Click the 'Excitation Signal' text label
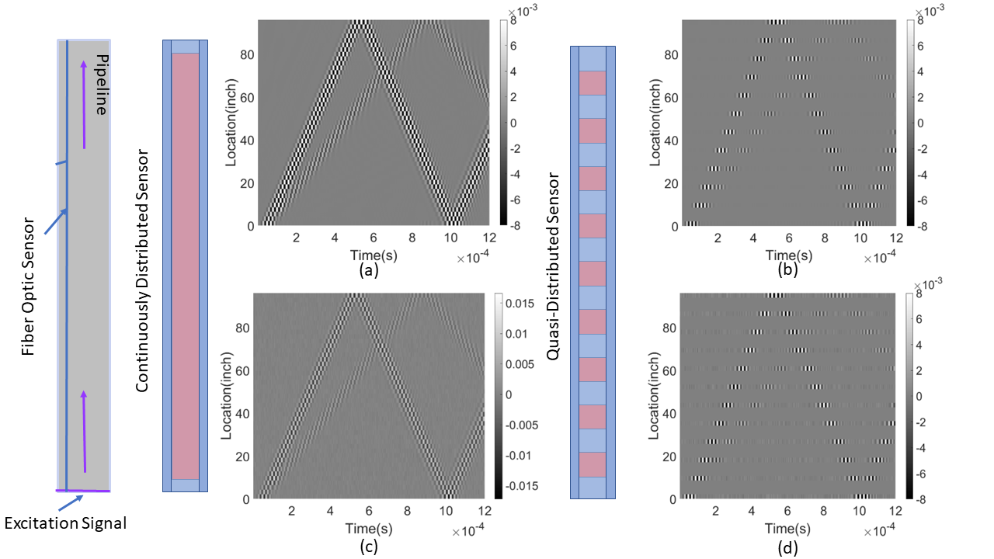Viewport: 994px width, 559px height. tap(65, 524)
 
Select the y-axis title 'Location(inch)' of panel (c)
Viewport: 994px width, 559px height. tap(228, 396)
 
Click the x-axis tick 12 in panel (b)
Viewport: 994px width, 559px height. tap(895, 238)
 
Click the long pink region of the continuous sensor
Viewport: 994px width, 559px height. tap(185, 266)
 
